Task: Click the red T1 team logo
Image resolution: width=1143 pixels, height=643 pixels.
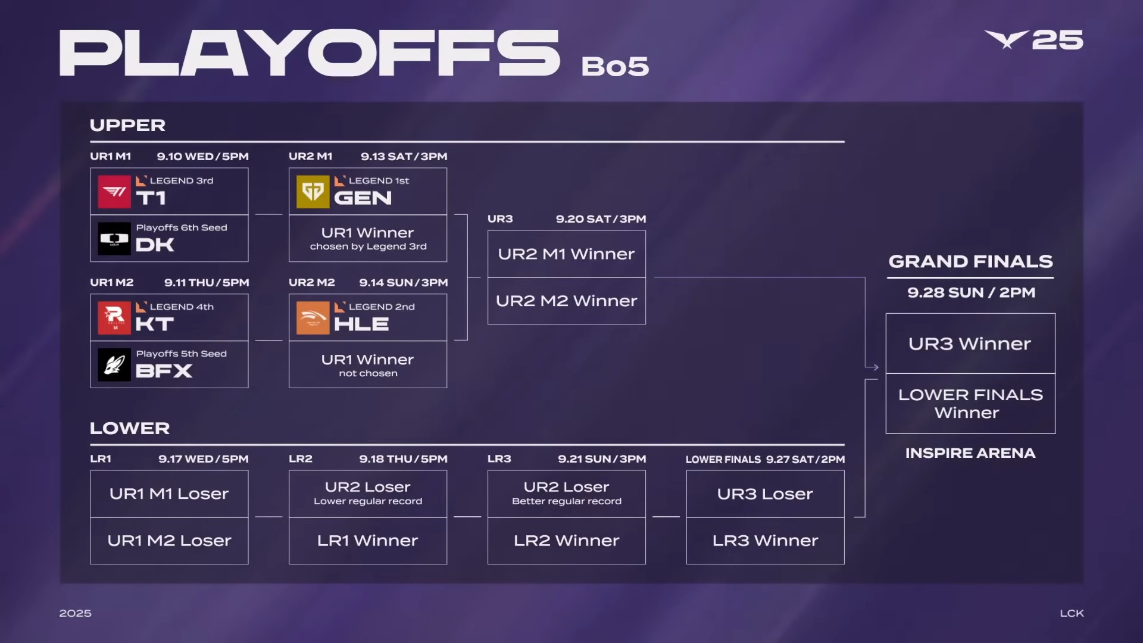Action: click(x=114, y=191)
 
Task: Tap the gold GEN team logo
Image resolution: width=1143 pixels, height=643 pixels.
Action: click(x=313, y=191)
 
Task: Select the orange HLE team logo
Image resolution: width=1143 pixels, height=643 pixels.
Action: click(x=313, y=317)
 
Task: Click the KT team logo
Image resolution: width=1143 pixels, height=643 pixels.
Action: click(x=114, y=317)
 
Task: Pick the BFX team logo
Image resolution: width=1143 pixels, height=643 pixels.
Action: click(x=114, y=364)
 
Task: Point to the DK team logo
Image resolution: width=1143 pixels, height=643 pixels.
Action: click(x=114, y=238)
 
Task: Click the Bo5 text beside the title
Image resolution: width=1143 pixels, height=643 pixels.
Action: click(x=615, y=66)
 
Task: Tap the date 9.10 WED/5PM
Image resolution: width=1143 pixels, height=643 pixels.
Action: click(x=203, y=157)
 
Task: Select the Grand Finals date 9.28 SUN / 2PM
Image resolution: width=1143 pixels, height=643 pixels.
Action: click(x=971, y=292)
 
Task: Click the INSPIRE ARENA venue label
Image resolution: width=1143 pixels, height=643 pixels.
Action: click(x=970, y=453)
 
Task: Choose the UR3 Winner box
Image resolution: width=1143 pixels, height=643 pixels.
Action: click(x=970, y=344)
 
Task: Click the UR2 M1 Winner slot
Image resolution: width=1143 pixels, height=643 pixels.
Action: click(x=567, y=254)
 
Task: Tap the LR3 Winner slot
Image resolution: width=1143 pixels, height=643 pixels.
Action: click(x=766, y=541)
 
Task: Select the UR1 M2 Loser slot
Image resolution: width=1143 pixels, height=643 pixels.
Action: click(x=169, y=541)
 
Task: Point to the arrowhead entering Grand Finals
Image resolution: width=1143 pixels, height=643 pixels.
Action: click(x=875, y=367)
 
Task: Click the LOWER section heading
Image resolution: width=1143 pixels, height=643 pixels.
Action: click(x=130, y=428)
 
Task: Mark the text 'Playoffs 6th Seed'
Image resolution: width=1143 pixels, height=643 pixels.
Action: click(x=182, y=227)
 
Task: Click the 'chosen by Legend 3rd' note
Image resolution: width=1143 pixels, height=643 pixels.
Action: click(x=368, y=246)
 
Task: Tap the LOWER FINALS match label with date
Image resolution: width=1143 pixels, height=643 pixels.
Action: click(x=765, y=460)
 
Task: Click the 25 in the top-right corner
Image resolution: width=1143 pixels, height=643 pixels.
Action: click(x=1057, y=40)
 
